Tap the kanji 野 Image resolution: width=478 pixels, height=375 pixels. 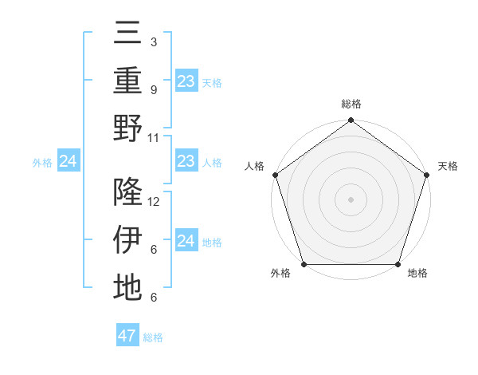point(127,128)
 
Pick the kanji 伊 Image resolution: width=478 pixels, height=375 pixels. point(127,239)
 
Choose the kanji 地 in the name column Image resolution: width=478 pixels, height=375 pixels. point(127,286)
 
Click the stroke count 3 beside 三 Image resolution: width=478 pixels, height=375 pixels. point(153,42)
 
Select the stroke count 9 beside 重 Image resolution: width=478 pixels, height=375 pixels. point(153,90)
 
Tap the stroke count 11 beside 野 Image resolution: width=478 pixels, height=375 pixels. point(154,137)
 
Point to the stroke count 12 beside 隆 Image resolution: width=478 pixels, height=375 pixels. point(154,202)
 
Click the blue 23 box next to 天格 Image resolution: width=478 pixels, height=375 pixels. point(186,81)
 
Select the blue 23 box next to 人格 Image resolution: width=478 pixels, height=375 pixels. point(186,161)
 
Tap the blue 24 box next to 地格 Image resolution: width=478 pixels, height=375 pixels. point(186,241)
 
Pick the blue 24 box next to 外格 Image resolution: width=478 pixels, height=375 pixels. point(68,162)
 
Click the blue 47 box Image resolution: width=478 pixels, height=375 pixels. point(127,336)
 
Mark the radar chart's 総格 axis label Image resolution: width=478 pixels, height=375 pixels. point(351,104)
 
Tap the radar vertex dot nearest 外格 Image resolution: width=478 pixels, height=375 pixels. point(304,264)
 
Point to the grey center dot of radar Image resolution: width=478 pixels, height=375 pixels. point(351,199)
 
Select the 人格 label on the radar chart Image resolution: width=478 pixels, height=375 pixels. point(255,166)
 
